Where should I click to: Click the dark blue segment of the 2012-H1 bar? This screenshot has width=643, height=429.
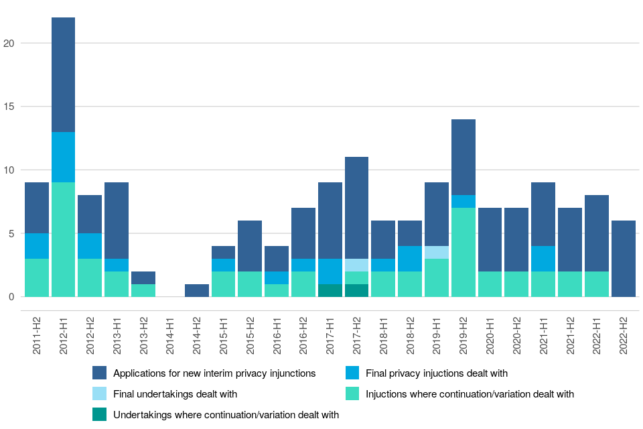(63, 74)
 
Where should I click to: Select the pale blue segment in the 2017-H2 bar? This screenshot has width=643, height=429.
(356, 265)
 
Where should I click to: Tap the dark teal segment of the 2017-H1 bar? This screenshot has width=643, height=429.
(330, 290)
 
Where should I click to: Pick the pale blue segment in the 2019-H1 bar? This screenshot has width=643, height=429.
(436, 252)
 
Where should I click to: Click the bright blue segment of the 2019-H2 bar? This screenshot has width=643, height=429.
(463, 201)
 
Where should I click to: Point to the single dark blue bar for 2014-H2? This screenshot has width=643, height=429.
(196, 290)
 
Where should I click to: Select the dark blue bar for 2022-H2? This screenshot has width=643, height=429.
(623, 258)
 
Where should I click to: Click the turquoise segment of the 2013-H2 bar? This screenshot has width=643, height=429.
(143, 290)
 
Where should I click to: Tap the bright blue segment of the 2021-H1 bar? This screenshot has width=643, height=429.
(543, 258)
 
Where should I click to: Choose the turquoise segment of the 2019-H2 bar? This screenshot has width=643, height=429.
(463, 252)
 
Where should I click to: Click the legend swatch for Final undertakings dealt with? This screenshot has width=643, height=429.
(100, 394)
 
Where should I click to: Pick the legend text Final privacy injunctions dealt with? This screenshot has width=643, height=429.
(436, 373)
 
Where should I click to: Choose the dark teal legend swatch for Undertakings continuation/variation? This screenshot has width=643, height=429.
(100, 415)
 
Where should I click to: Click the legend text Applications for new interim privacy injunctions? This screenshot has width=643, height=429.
(214, 373)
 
